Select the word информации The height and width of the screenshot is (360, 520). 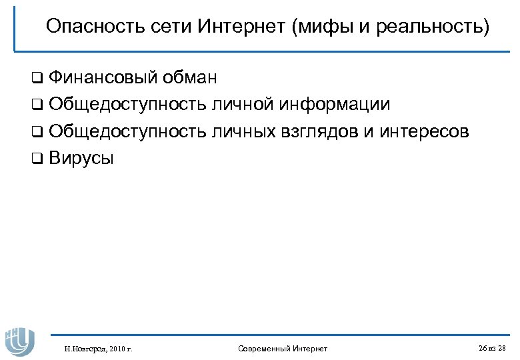(x=335, y=105)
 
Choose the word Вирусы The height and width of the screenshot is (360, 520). (x=81, y=158)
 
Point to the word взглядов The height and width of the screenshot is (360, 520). (x=319, y=131)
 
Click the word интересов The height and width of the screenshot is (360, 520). (x=424, y=131)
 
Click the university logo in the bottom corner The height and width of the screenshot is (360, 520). (x=19, y=340)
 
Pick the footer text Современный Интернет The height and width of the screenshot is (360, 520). (x=283, y=349)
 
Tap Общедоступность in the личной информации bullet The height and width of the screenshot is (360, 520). (x=127, y=105)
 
